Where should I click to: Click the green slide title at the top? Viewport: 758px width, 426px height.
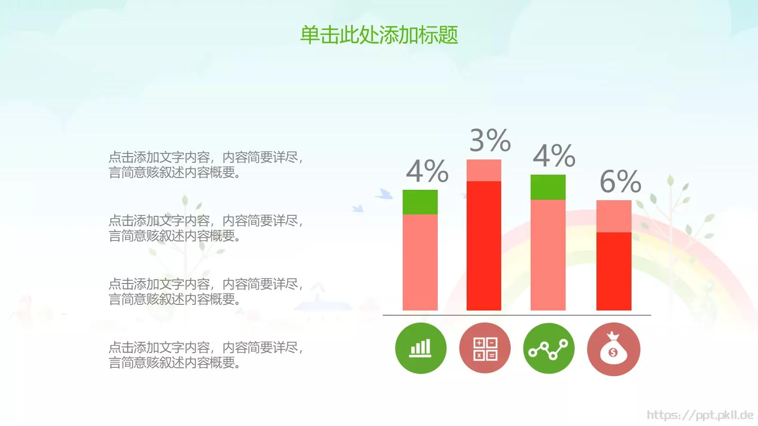click(379, 35)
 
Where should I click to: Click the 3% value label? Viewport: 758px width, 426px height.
click(490, 141)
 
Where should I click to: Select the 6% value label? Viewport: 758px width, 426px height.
click(620, 181)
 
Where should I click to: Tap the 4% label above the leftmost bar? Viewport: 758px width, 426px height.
click(427, 171)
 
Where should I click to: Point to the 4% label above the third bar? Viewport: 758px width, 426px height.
click(554, 156)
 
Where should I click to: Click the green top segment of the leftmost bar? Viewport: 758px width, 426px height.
click(420, 202)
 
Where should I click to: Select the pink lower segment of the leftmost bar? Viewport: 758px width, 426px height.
click(420, 262)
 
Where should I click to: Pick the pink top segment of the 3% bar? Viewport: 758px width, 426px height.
click(484, 170)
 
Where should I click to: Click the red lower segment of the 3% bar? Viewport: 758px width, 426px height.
click(484, 246)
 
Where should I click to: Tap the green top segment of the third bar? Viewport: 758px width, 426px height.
click(548, 187)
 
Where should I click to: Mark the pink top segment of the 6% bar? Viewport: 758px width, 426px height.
click(614, 216)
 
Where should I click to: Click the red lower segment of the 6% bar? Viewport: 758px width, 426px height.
click(614, 271)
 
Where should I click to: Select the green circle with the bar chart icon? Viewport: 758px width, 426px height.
click(421, 348)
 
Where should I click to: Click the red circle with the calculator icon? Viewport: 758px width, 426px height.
click(485, 348)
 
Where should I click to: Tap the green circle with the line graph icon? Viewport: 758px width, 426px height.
click(549, 348)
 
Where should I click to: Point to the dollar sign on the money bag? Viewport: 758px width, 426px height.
click(613, 353)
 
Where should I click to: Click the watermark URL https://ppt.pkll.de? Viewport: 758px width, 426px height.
click(700, 415)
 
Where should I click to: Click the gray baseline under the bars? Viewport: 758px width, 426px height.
click(516, 315)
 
